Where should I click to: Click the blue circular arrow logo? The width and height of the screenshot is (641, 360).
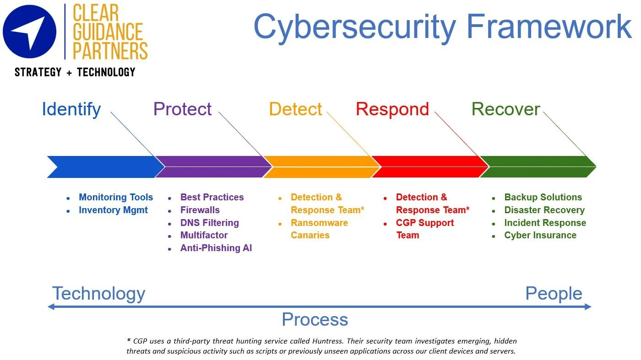29,32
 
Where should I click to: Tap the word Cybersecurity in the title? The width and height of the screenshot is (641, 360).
355,27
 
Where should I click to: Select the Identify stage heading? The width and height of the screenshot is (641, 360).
71,109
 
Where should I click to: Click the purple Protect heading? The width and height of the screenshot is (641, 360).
182,109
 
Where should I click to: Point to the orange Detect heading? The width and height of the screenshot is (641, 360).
295,109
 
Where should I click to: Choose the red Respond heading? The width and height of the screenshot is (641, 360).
392,109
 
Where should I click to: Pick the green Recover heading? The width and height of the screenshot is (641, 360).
505,109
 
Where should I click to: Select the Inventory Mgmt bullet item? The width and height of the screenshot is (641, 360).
113,210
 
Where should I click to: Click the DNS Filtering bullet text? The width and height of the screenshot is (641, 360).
209,223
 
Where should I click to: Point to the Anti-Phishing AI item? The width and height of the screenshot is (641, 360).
216,248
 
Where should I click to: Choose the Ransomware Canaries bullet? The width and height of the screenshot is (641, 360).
319,229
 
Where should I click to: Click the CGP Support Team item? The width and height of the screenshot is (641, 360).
424,229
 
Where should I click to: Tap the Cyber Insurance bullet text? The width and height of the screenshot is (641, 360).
540,235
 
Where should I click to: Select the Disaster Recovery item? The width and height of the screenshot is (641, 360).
544,210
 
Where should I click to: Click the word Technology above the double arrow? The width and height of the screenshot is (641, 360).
98,293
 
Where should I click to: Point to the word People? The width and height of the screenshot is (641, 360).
554,293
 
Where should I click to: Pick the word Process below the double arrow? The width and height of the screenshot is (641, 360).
315,319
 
